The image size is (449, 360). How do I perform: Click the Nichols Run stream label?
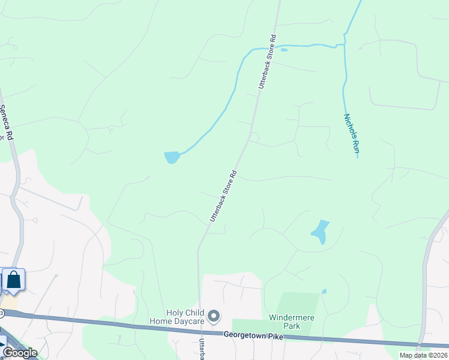coord(351,136)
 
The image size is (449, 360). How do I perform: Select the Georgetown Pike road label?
coord(253,336)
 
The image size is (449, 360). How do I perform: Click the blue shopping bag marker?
coord(13,280)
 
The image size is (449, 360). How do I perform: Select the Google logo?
coord(20,352)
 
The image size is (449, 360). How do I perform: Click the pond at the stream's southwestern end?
coord(172,157)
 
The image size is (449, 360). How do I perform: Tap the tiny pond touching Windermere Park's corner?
coord(324,292)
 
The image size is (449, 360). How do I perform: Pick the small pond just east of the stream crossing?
coord(284,50)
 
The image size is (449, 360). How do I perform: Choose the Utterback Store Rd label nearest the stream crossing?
coord(267,62)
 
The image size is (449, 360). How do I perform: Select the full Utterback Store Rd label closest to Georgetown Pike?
coord(224,196)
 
